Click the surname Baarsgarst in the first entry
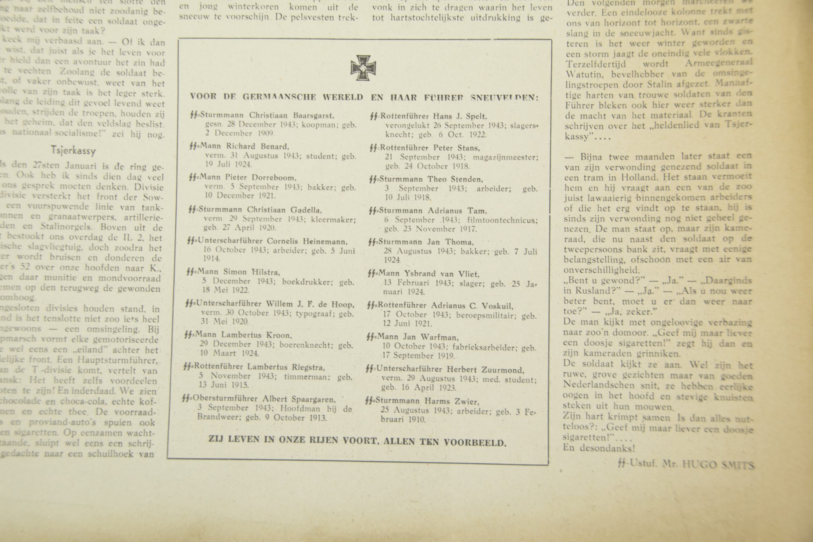(314, 116)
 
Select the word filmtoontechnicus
(510, 220)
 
